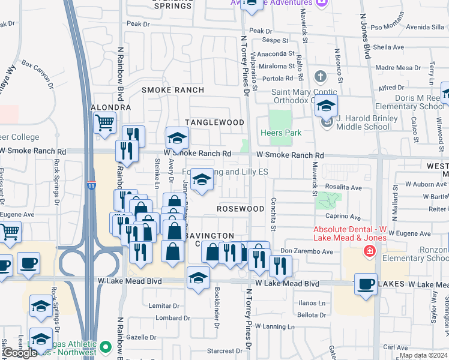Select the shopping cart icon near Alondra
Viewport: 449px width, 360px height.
(x=105, y=123)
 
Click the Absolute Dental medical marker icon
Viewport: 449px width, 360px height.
(x=370, y=251)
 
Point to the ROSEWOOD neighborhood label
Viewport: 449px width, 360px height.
(x=241, y=209)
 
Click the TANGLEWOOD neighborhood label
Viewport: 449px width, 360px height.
(x=214, y=122)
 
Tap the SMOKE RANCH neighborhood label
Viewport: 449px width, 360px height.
(x=173, y=90)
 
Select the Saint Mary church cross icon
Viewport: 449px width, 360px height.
(x=321, y=76)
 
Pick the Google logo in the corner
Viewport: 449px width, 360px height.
(x=19, y=353)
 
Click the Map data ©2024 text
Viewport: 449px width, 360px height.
(x=423, y=355)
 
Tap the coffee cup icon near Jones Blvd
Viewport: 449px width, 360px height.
(x=365, y=284)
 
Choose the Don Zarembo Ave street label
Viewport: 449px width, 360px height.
(x=306, y=251)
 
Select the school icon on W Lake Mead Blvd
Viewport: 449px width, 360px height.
(x=198, y=277)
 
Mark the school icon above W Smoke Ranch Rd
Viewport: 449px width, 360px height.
(x=177, y=139)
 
